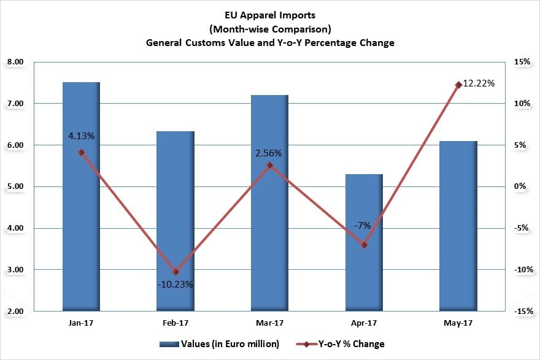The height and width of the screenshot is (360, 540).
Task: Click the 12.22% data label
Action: (x=479, y=83)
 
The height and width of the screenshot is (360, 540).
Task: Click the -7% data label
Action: (x=362, y=225)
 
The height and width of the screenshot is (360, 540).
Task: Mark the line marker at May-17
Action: (x=458, y=85)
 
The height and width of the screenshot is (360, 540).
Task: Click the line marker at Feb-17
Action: (x=175, y=272)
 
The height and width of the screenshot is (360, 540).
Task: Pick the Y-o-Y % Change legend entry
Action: (x=347, y=343)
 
